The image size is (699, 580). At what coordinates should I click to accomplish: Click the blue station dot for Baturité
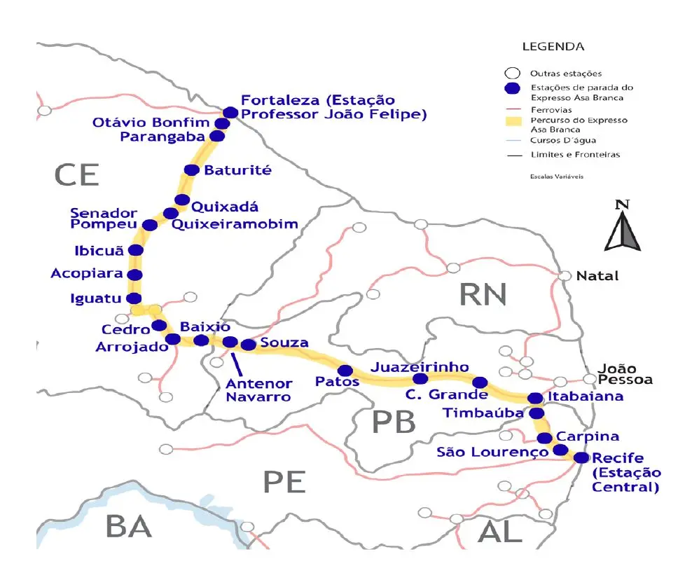pos(191,170)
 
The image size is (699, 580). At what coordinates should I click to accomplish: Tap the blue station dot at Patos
pos(345,371)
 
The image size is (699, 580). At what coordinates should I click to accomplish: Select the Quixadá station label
pos(225,207)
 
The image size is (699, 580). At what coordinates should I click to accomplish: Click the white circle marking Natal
pos(565,275)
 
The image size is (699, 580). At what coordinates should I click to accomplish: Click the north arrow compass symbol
pos(621,226)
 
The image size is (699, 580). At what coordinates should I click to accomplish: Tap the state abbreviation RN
pos(483,295)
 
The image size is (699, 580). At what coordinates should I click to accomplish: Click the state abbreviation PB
pos(393,422)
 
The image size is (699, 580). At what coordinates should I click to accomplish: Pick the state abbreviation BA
pos(129,526)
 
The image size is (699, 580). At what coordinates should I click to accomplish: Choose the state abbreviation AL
pos(500,532)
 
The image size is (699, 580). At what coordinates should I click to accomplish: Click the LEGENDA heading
pos(553,47)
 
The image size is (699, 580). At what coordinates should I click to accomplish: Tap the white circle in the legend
pos(513,73)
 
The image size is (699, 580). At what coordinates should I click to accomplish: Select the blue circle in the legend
pos(513,88)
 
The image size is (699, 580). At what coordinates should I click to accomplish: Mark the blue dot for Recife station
pos(581,457)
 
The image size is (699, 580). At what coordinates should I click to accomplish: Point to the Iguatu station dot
pos(132,298)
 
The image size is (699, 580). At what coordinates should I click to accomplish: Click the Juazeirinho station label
pos(420,366)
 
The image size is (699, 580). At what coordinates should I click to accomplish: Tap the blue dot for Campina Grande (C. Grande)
pos(480,382)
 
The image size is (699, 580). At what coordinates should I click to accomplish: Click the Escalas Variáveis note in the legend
pos(556,177)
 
